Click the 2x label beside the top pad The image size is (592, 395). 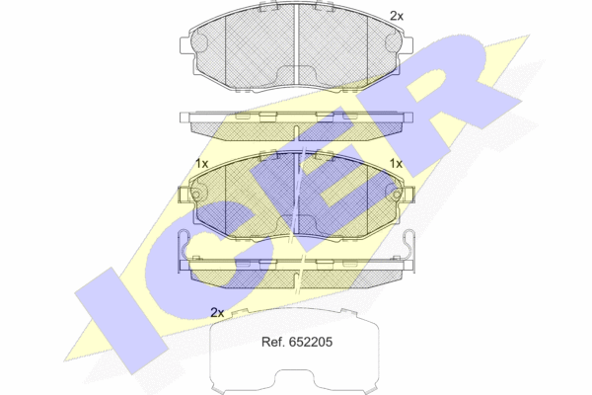[397, 16]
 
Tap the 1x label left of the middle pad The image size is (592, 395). [201, 164]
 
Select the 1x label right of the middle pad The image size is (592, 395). [396, 164]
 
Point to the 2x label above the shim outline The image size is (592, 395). [217, 313]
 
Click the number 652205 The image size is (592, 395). [311, 342]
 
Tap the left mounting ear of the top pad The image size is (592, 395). [185, 45]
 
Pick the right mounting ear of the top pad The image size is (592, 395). [407, 45]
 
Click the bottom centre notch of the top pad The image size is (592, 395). [296, 74]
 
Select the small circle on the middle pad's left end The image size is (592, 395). [195, 195]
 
